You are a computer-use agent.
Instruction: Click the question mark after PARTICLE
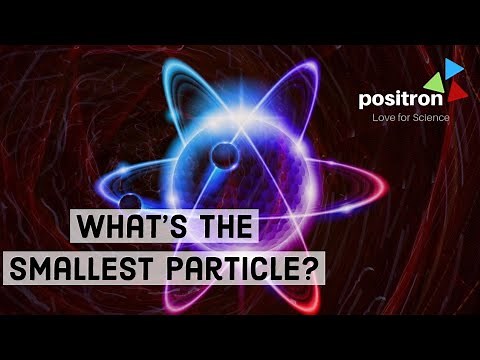(x=316, y=268)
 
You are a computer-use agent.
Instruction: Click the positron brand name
(x=397, y=98)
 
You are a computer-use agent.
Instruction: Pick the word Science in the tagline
(x=431, y=118)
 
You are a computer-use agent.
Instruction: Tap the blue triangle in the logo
(x=453, y=67)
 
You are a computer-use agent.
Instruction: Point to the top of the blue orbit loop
(x=189, y=70)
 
